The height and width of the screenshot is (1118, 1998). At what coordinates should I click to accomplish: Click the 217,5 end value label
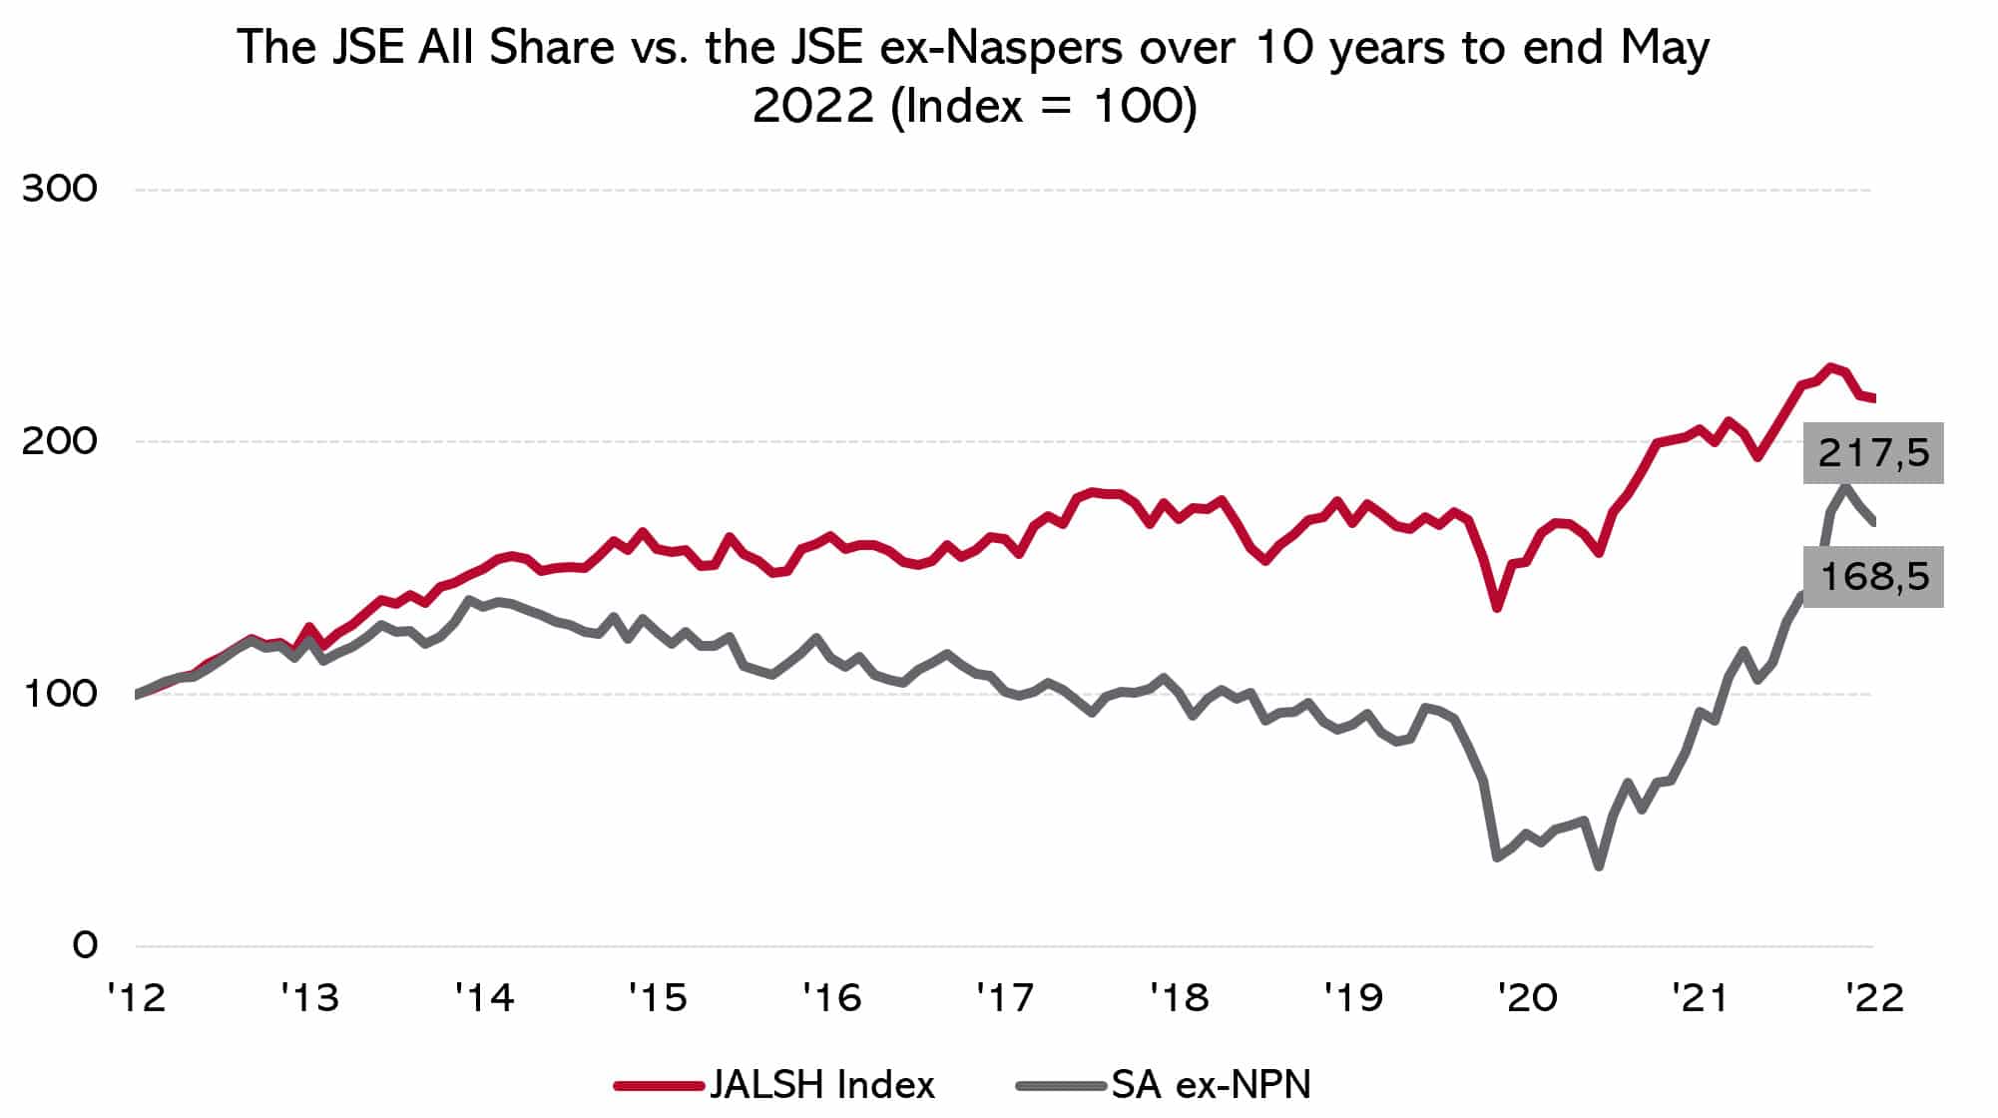(x=1873, y=454)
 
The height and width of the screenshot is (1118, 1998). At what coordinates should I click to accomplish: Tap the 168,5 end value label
(x=1873, y=577)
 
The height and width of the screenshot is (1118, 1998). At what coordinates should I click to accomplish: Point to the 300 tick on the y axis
(x=60, y=189)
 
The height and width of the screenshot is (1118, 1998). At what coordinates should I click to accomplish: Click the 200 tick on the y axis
(x=60, y=441)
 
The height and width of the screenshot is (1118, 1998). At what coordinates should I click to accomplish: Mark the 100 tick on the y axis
(x=60, y=694)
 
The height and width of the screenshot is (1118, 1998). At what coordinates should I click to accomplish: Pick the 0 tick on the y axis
(x=85, y=945)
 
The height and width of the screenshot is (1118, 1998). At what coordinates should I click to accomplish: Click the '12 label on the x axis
(x=136, y=997)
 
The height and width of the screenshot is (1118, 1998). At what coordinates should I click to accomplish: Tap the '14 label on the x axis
(x=484, y=997)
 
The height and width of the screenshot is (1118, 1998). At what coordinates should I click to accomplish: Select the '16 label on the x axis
(x=831, y=997)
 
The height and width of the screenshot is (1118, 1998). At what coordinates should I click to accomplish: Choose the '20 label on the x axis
(x=1527, y=997)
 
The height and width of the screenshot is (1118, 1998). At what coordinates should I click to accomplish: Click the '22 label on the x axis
(x=1874, y=997)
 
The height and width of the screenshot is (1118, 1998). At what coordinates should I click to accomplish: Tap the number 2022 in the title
(x=813, y=106)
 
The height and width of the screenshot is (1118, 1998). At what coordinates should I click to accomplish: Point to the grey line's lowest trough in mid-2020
(x=1599, y=865)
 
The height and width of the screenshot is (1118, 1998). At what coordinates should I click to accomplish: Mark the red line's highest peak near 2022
(x=1830, y=367)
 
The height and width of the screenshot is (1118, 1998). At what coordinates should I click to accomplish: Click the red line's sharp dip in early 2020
(x=1497, y=607)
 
